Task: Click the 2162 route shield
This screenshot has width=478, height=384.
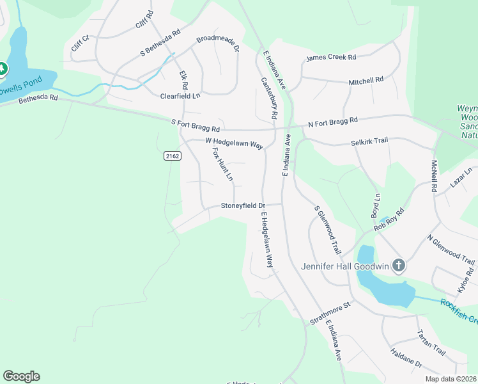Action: pos(172,156)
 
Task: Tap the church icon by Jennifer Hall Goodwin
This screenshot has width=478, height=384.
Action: pos(399,265)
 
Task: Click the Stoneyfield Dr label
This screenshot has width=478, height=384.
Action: pos(243,206)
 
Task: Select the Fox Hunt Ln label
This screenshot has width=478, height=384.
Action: pos(222,164)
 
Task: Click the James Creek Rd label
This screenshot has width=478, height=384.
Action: pos(331,58)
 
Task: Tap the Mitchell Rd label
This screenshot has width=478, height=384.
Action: pos(366,81)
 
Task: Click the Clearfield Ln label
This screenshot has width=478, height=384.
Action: pos(180,96)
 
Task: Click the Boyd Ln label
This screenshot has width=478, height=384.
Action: pos(376,205)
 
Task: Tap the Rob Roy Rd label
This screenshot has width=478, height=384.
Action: pos(389,219)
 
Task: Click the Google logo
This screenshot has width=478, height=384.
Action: pos(21,376)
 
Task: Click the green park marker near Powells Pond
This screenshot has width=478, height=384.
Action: pos(2,68)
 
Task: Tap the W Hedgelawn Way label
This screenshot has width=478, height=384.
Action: pos(235,143)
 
